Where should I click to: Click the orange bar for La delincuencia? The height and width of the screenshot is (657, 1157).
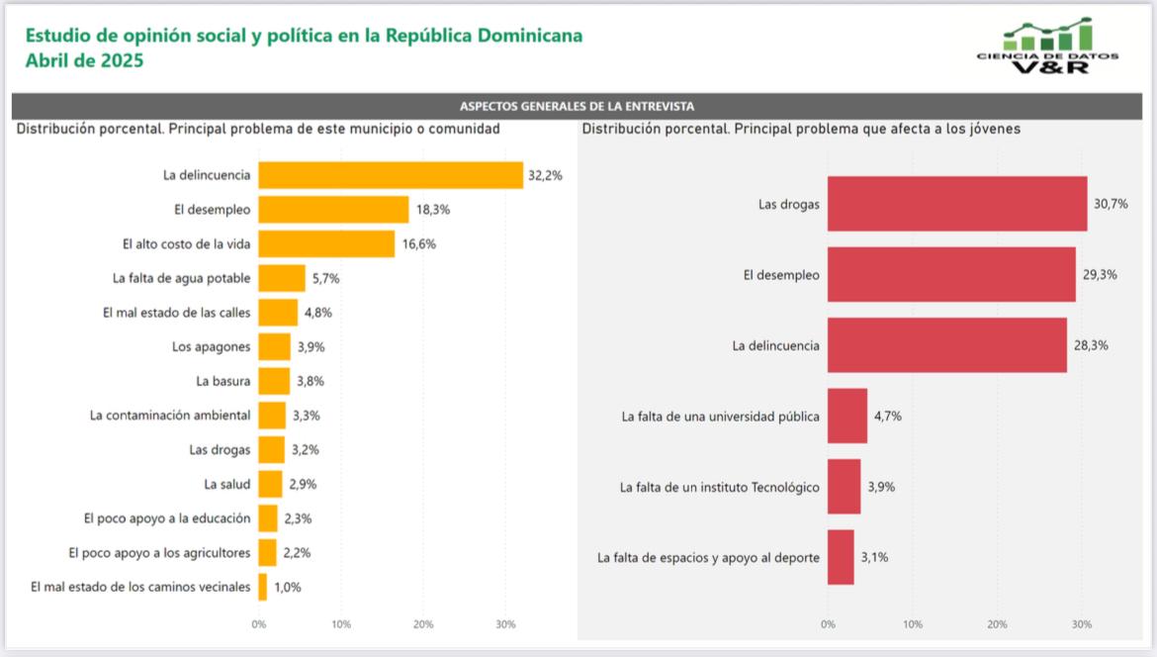click(391, 175)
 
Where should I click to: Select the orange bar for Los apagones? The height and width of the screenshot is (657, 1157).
click(275, 346)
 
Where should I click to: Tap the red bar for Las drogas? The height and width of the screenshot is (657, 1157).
click(957, 204)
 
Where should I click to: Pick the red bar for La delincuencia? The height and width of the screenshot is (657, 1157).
click(947, 345)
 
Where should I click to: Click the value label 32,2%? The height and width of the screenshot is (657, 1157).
click(546, 175)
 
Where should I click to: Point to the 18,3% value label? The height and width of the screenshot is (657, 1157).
click(431, 210)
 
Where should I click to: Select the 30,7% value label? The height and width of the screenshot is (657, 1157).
click(1110, 204)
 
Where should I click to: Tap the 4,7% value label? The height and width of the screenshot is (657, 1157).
click(887, 416)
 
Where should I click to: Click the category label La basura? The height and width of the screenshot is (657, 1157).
click(223, 381)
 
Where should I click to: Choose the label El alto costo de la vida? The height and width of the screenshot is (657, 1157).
click(186, 243)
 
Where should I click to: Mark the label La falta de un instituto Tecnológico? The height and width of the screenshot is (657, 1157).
click(719, 487)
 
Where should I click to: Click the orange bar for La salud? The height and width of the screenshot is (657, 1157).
click(270, 484)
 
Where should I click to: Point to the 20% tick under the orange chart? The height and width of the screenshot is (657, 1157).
click(423, 624)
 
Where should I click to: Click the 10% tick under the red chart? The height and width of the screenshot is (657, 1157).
click(913, 624)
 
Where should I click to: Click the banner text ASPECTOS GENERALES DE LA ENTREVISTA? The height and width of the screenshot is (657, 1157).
click(577, 106)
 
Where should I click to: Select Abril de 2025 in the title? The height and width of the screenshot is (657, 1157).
click(85, 60)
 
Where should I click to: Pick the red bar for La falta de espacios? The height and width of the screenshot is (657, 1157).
click(841, 557)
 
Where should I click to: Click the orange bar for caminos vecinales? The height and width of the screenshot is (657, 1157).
click(263, 587)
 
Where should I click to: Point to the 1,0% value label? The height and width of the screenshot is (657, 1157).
click(288, 587)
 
